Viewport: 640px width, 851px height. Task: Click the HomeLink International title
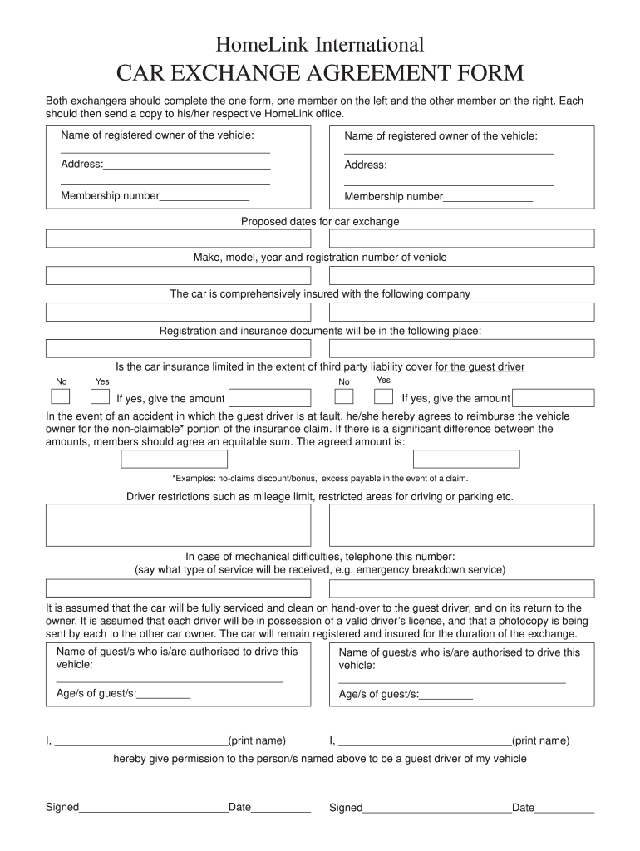click(x=320, y=44)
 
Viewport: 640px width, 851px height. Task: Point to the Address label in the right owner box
click(x=366, y=165)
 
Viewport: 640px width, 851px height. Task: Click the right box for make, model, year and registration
click(x=461, y=275)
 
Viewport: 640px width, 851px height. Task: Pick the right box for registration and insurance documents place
click(x=461, y=347)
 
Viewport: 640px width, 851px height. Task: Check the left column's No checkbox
click(x=61, y=396)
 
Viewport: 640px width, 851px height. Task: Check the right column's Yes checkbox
click(x=384, y=396)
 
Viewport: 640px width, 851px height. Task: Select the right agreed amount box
click(x=465, y=459)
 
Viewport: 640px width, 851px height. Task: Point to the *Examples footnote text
click(x=320, y=479)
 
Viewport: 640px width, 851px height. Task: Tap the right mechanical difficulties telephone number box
click(x=461, y=588)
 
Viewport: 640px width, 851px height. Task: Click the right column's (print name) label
click(x=540, y=740)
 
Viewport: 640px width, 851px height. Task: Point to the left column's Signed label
click(x=62, y=807)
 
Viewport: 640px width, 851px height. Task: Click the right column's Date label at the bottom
click(x=523, y=807)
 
